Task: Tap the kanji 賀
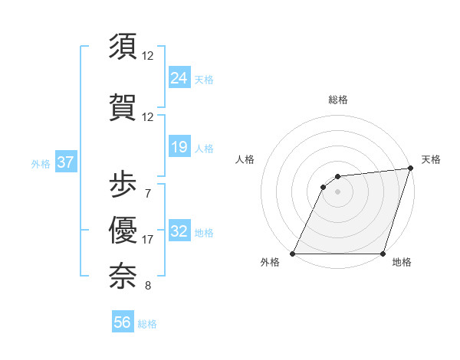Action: point(123,106)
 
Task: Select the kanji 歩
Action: point(123,183)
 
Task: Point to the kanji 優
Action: point(123,229)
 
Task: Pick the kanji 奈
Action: point(123,275)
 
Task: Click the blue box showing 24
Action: point(179,77)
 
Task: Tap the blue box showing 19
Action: point(179,147)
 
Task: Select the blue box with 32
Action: point(179,231)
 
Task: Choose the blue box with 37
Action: point(65,162)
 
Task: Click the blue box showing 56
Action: point(123,322)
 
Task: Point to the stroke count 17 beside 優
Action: point(148,240)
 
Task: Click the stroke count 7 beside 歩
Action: point(147,193)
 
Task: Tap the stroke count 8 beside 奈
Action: point(147,286)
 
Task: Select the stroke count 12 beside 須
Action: point(148,55)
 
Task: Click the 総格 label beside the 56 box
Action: point(147,324)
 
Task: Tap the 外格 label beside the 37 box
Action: point(41,163)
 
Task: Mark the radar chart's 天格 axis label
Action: point(431,159)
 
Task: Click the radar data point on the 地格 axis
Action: point(383,254)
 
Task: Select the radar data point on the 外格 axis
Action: point(293,254)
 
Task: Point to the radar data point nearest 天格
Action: point(411,169)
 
